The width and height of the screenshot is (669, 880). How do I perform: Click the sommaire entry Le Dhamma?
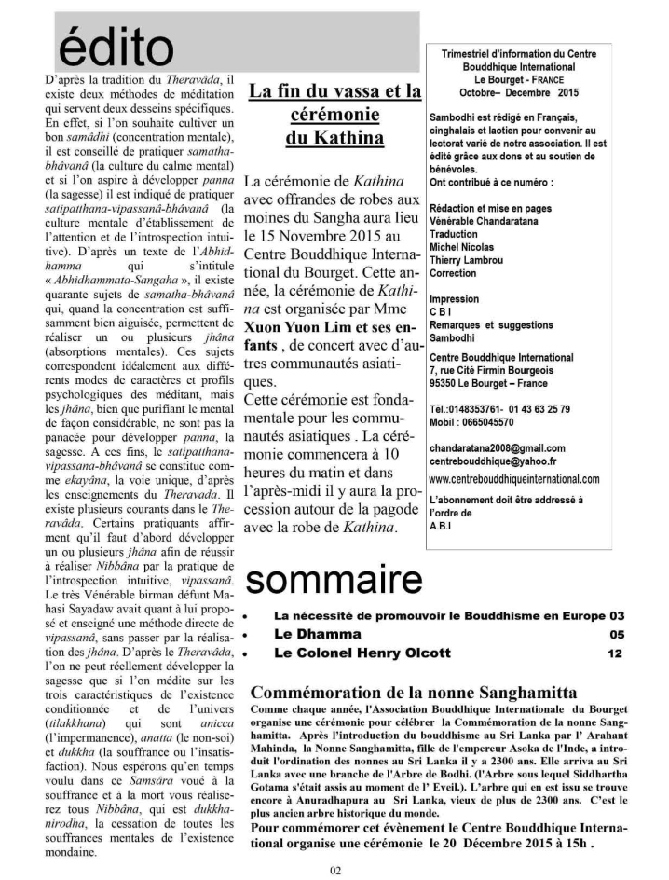[313, 635]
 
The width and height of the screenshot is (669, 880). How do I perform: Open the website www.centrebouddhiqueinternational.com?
[513, 479]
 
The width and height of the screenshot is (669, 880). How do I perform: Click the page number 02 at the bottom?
[334, 871]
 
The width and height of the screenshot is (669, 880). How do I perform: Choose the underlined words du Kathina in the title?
[334, 140]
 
